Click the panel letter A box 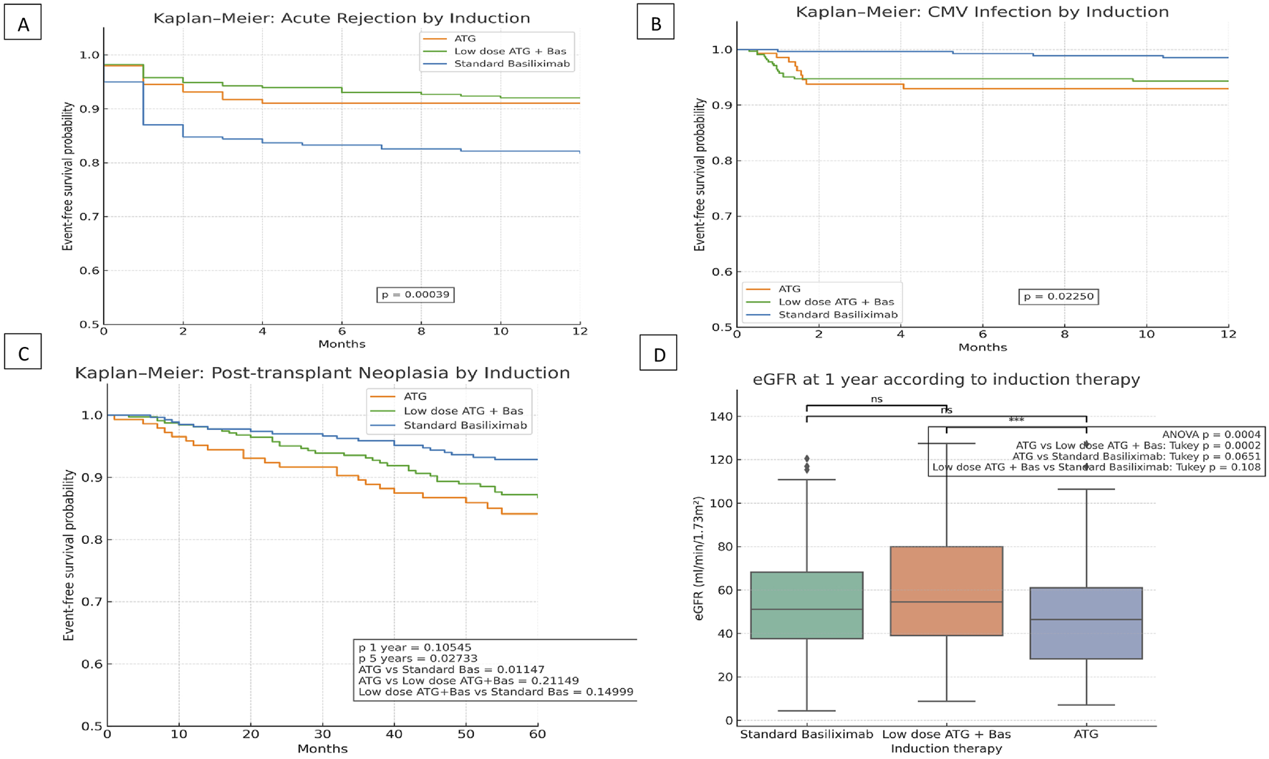tap(23, 24)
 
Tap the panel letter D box tap(658, 354)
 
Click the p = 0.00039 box tap(415, 295)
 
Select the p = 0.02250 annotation tap(1057, 297)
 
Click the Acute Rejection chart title tap(342, 19)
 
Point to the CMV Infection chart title tap(982, 12)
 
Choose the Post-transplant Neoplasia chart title tap(322, 373)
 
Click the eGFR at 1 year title tap(946, 379)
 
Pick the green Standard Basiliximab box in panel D tap(806, 605)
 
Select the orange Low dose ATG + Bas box tap(946, 591)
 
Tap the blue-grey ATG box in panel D tap(1086, 623)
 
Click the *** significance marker tap(1015, 420)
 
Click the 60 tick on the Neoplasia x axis tap(537, 734)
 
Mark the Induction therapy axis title tap(946, 749)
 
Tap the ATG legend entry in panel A tap(465, 39)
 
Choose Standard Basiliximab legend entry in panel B tap(838, 315)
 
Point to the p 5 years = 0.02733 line tap(418, 658)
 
